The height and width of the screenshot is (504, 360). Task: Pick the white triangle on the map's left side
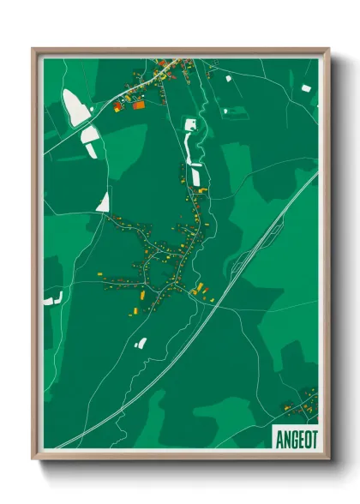[104, 202]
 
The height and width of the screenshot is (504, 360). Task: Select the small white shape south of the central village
[141, 343]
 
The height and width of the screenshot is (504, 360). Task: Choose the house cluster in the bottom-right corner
[300, 401]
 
